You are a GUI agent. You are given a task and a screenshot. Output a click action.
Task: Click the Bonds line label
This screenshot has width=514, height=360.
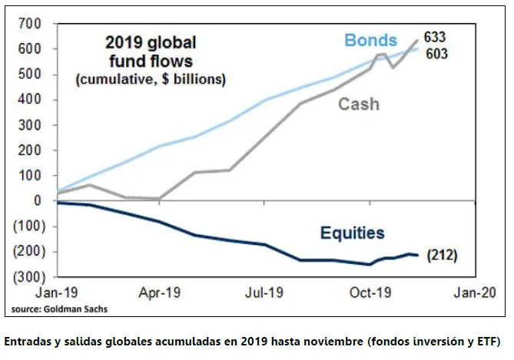pos(371,41)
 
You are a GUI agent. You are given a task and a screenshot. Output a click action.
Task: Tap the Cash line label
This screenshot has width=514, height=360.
pos(359,104)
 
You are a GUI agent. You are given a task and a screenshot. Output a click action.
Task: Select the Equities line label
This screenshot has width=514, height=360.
pos(353,233)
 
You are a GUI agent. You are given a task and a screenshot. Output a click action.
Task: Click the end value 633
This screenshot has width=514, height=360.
pos(435,37)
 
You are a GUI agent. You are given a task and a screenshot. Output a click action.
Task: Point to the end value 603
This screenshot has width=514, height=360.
pos(437,54)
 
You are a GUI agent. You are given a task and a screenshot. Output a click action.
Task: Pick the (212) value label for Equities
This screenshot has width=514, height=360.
pos(442,255)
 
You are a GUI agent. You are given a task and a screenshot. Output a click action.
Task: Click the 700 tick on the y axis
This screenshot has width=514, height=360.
pos(30,24)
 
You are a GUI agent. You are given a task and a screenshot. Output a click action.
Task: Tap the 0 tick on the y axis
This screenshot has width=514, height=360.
pos(38,200)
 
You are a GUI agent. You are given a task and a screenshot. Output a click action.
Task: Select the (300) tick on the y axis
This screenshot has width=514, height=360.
pos(29,277)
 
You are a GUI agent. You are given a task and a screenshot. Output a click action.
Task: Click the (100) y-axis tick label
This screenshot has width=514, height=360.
pos(29,226)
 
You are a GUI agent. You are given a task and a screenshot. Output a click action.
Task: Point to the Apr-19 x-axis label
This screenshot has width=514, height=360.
pos(160,292)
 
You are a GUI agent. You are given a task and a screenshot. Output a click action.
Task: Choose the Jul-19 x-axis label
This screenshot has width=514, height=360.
pos(264,292)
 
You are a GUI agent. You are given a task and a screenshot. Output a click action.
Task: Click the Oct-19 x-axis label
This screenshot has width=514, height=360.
pos(370,292)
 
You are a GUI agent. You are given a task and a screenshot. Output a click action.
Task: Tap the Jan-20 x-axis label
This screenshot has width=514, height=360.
pos(475,292)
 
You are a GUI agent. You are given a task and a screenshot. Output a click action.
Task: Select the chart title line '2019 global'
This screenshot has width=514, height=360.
pos(151,43)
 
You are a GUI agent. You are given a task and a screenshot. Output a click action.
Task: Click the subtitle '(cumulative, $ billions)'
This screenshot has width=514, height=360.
pos(151,79)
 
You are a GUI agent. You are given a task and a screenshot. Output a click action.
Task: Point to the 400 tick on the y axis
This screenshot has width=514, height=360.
pos(30,100)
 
